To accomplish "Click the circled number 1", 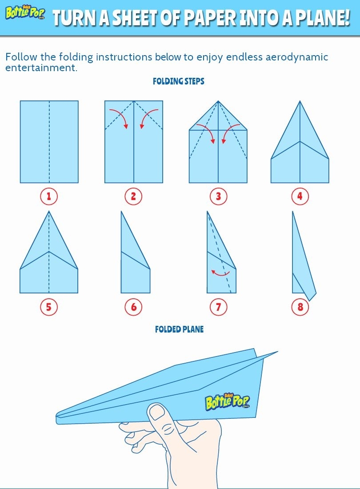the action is click(49, 196).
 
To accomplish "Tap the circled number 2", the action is click(133, 196).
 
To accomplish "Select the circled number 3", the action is click(218, 196).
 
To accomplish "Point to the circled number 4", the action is click(300, 196).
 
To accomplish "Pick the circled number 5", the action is click(49, 307).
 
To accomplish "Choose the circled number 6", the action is click(133, 307).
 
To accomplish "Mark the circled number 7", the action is click(218, 307).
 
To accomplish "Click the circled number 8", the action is click(300, 307).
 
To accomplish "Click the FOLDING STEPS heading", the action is click(179, 81).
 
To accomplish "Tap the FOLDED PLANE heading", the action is click(179, 329).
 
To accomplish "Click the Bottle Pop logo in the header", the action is click(25, 13).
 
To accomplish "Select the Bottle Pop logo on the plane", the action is click(228, 402).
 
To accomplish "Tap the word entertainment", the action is click(41, 68).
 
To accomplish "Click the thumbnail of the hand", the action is click(157, 413).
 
